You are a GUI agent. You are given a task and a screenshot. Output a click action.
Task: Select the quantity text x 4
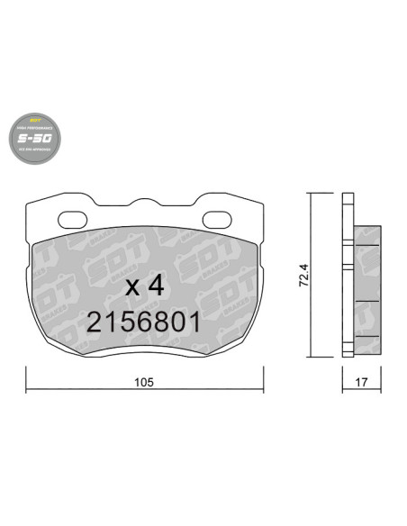(143, 287)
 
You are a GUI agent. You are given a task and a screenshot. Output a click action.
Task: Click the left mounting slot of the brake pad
(75, 219)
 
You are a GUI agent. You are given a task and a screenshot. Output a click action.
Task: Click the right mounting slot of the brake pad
(217, 219)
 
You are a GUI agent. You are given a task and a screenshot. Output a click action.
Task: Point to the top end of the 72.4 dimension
(312, 195)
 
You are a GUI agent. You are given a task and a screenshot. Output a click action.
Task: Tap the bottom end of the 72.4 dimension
(312, 356)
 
